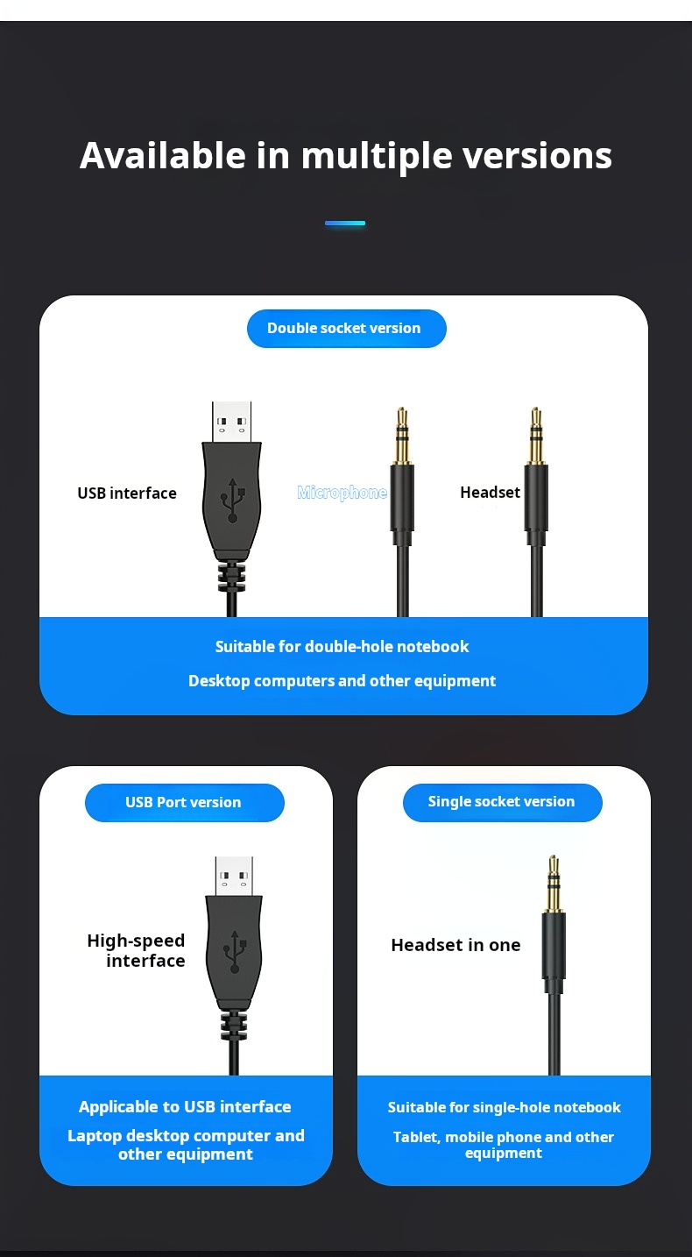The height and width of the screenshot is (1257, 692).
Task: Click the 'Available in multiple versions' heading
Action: point(346,156)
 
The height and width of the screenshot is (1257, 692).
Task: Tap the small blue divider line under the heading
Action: point(345,224)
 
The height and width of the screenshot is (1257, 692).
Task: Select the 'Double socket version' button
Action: point(346,328)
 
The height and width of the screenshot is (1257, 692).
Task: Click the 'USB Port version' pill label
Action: point(184,802)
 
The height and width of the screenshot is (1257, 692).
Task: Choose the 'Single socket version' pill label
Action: point(502,801)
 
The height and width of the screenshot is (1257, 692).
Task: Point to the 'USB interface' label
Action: point(127,493)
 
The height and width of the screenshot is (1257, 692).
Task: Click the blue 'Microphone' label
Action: point(342,493)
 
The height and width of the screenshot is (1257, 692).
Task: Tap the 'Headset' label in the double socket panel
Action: point(491,492)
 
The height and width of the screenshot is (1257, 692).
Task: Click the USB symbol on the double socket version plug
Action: point(233,500)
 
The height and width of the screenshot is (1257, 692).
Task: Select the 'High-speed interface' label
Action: point(137,950)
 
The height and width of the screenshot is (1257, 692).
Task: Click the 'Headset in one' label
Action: point(455,945)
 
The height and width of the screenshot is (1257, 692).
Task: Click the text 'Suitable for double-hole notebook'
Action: point(342,646)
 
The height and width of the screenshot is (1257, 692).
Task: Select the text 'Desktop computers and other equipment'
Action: point(342,681)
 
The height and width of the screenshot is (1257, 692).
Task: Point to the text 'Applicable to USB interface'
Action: point(185,1106)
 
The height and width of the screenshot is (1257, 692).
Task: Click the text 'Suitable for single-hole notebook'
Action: point(504,1107)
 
